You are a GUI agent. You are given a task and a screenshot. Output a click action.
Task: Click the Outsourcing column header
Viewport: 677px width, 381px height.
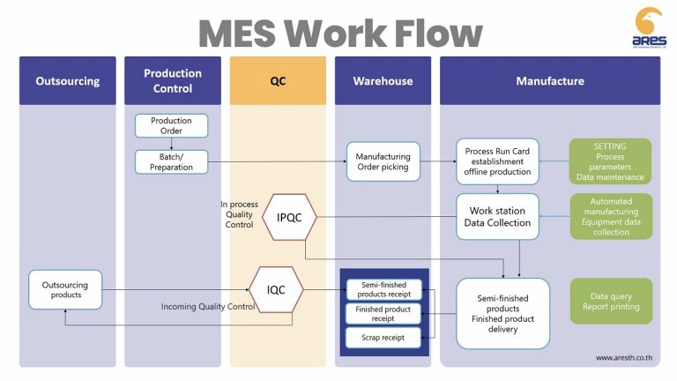point(68,81)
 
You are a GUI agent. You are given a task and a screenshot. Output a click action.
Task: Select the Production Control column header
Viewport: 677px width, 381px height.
point(172,81)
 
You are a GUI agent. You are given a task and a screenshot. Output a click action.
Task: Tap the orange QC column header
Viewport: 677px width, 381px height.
point(278,81)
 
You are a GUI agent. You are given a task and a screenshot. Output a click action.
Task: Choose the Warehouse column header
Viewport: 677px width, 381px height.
point(383,81)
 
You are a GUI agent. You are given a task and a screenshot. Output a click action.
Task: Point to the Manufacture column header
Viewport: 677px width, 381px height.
point(549,81)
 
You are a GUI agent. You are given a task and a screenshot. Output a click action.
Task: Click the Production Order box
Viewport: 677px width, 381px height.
point(171,125)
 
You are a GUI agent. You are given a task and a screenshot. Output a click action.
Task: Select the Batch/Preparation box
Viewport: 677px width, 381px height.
point(171,161)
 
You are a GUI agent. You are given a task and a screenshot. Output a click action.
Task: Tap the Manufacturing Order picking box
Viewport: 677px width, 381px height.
point(383,161)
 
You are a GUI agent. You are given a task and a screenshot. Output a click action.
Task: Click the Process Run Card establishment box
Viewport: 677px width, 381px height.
point(497,161)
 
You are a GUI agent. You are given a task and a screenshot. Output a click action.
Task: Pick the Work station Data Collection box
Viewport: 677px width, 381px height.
point(497,217)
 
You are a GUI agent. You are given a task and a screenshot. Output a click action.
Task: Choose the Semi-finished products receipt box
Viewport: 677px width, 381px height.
point(383,289)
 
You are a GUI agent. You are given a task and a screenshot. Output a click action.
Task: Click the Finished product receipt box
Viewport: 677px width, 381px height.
point(383,314)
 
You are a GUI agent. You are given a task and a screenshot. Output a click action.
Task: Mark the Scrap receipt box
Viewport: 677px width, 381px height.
point(383,337)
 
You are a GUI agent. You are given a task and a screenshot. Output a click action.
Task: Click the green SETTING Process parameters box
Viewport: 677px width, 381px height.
point(610,161)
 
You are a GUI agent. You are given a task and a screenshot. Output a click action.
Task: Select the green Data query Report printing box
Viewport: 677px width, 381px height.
point(610,301)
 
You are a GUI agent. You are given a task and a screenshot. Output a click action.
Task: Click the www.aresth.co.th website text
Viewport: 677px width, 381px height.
point(623,357)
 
